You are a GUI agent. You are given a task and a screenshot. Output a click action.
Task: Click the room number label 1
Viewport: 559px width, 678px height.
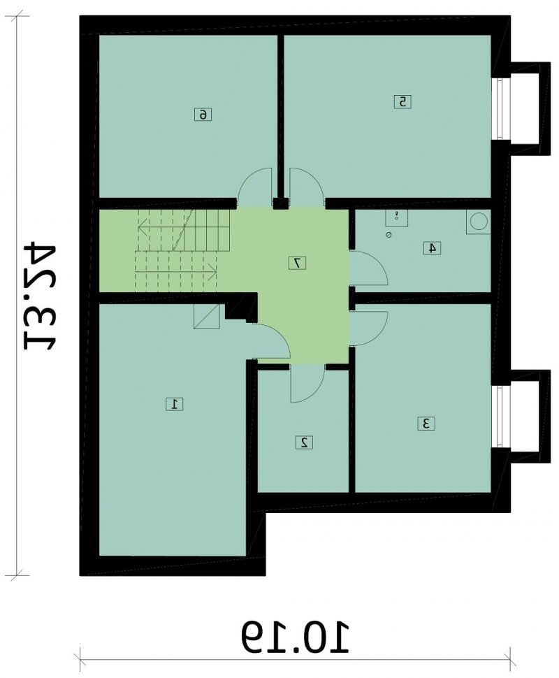[x=175, y=404]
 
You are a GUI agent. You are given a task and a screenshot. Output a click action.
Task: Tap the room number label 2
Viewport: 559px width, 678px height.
[x=305, y=442]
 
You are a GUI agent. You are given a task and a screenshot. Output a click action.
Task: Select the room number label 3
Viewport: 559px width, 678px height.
[x=426, y=424]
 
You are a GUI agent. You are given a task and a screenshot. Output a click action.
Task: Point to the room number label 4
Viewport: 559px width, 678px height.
[x=433, y=248]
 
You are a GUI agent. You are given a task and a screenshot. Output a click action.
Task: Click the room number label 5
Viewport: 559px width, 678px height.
[x=403, y=102]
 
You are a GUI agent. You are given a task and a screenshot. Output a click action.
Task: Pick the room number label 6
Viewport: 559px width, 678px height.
[x=203, y=115]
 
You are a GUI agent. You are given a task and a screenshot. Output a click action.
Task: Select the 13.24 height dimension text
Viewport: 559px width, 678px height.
[x=40, y=297]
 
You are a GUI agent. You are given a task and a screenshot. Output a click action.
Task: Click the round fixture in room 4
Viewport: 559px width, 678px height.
[x=478, y=223]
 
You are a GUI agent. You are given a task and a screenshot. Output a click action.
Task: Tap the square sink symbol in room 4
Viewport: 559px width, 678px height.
[x=396, y=217]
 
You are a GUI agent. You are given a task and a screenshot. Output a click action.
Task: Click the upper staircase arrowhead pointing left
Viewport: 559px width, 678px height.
[x=143, y=226]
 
